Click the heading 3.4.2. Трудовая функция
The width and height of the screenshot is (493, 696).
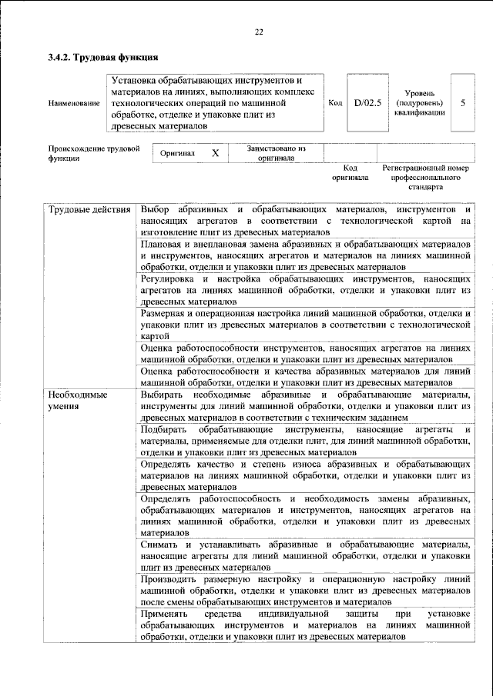(102, 57)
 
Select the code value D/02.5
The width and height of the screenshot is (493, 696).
(367, 102)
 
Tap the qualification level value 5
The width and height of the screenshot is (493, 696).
(462, 102)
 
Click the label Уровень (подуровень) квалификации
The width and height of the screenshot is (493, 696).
(419, 102)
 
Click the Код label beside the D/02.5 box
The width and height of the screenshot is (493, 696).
(335, 102)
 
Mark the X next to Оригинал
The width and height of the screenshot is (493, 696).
(215, 153)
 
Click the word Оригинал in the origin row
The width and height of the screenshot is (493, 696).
(177, 153)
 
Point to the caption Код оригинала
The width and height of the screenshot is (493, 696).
(350, 172)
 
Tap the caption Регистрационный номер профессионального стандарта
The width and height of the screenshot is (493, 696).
(425, 176)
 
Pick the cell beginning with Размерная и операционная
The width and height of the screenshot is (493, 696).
(306, 325)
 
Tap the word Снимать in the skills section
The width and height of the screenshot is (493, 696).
(161, 544)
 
